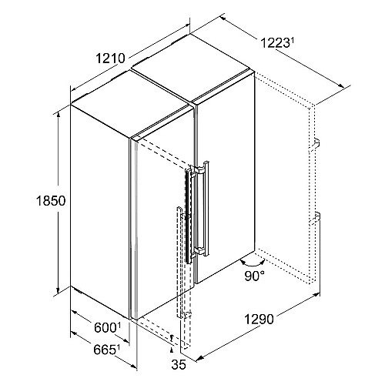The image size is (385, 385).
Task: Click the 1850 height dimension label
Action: point(51,201)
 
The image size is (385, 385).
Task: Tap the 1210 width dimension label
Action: point(111,59)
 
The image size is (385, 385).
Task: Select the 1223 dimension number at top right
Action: point(274,43)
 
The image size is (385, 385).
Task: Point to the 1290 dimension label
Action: point(259,320)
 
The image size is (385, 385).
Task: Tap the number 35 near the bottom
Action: point(179,365)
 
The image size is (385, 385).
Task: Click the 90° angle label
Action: point(254,276)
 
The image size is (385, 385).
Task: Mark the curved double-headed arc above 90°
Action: point(253,264)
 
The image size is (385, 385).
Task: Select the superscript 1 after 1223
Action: point(291,40)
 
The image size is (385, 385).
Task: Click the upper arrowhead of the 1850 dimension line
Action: point(59,116)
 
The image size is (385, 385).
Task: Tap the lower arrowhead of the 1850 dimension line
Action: point(59,289)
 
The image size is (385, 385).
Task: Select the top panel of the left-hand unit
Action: point(132,104)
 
